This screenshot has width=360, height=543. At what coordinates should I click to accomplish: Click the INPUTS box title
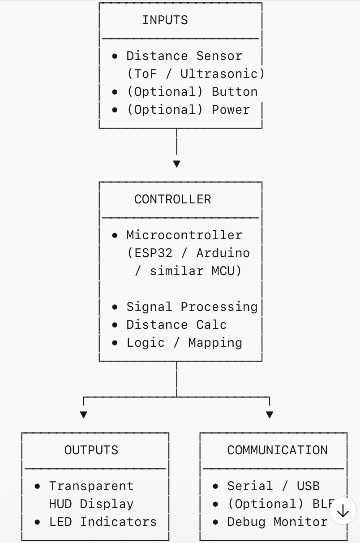tap(165, 20)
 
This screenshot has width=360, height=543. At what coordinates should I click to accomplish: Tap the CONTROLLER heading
tap(172, 199)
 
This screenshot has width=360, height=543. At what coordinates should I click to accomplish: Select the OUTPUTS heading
tap(91, 450)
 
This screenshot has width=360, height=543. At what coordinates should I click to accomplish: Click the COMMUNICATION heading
tap(277, 450)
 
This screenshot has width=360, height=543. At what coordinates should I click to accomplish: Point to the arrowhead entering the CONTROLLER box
tap(177, 164)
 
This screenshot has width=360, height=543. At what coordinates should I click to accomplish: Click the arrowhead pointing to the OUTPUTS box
tap(83, 415)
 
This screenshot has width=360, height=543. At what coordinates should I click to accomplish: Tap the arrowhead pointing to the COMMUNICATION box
tap(270, 415)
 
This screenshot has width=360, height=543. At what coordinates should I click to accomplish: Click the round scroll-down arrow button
tap(343, 511)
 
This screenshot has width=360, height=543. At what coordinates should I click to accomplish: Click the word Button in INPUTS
tap(235, 92)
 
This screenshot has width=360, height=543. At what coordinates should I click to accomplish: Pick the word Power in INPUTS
tap(231, 110)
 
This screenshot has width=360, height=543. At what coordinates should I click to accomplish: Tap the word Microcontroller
tap(184, 235)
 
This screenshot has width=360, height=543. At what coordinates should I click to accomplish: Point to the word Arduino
tap(223, 253)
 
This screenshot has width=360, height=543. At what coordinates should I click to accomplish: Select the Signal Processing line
tap(192, 307)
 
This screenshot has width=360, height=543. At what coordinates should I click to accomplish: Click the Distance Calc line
tap(176, 325)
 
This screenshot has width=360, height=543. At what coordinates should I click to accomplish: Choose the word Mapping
tap(215, 343)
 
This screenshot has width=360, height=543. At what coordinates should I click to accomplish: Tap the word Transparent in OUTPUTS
tap(91, 486)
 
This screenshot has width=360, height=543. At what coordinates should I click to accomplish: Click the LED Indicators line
tap(103, 522)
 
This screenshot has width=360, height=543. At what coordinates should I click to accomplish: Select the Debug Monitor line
tap(277, 522)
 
